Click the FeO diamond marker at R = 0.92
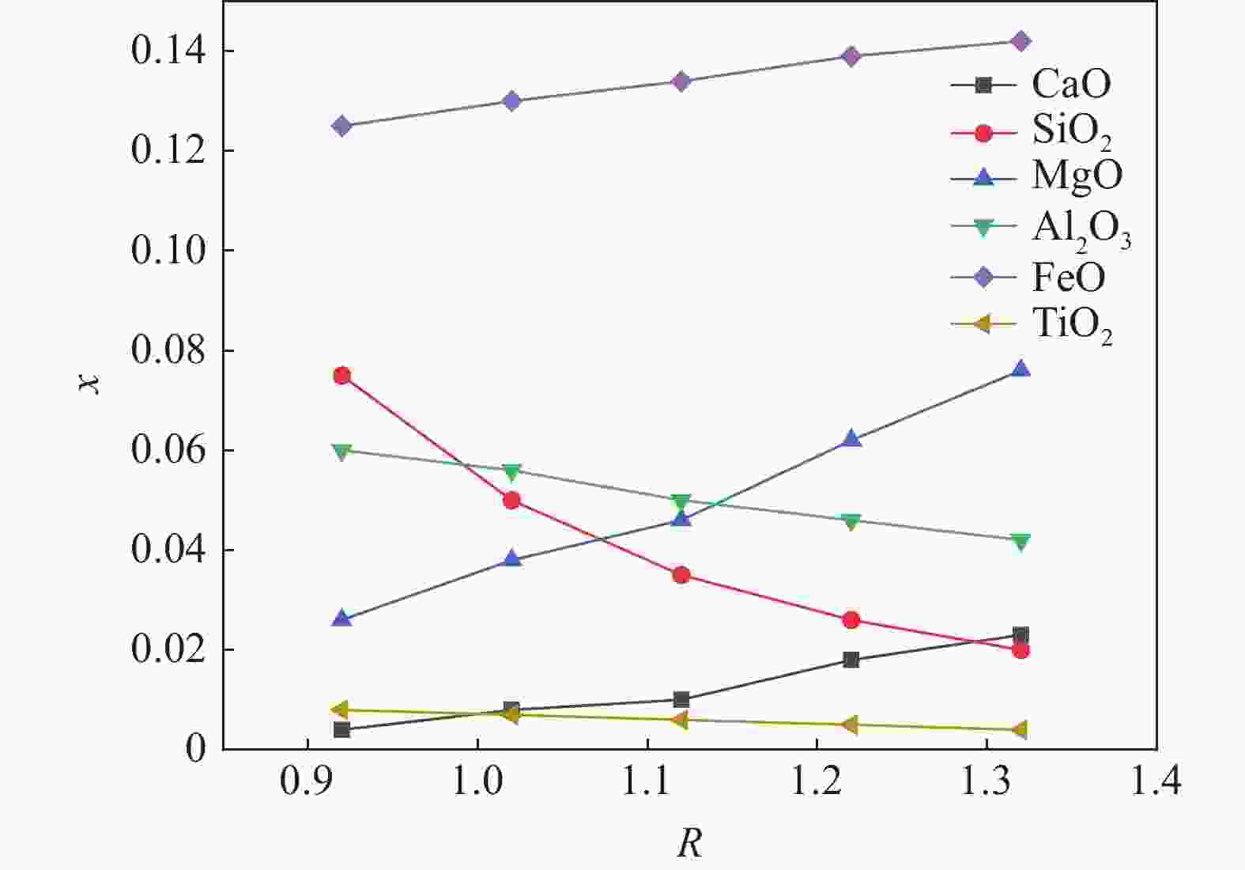pyautogui.click(x=341, y=126)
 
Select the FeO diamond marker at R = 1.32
pyautogui.click(x=1021, y=41)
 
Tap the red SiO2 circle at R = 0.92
pyautogui.click(x=341, y=376)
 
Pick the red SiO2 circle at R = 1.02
pyautogui.click(x=511, y=500)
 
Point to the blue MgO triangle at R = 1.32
pyautogui.click(x=1021, y=369)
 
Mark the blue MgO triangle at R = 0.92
pyautogui.click(x=341, y=618)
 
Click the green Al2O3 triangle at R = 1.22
pyautogui.click(x=851, y=521)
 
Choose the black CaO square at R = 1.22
pyautogui.click(x=851, y=660)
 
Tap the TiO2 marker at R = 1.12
pyautogui.click(x=681, y=720)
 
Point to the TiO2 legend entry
pyautogui.click(x=1072, y=324)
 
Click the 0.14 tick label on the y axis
pyautogui.click(x=168, y=51)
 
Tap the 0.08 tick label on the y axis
pyautogui.click(x=168, y=350)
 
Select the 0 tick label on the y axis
pyautogui.click(x=195, y=748)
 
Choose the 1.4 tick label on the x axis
pyautogui.click(x=1156, y=781)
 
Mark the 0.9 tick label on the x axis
pyautogui.click(x=307, y=781)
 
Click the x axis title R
pyautogui.click(x=689, y=843)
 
